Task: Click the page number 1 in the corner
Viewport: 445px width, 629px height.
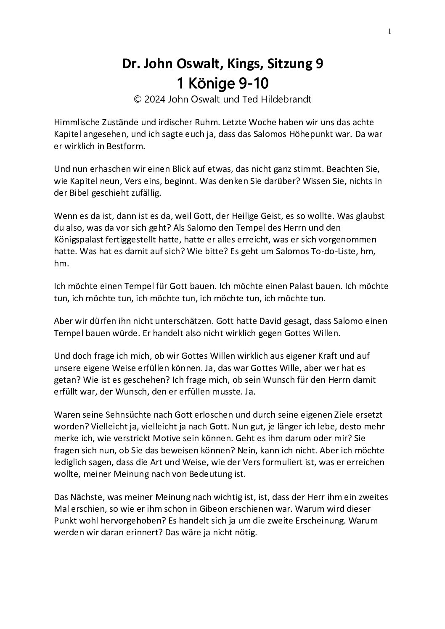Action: pos(389,31)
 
